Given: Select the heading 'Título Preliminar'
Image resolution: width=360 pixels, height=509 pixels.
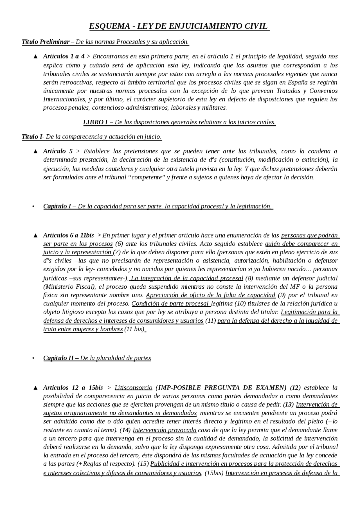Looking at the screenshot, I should (46, 42).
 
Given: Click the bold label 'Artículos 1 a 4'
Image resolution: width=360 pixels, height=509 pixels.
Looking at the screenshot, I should (64, 56).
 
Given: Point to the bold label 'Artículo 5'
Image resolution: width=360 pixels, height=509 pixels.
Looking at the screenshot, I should (58, 151).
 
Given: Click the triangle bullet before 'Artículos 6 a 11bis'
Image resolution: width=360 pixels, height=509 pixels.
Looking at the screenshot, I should (35, 236).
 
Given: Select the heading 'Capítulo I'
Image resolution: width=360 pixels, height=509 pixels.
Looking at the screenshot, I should (57, 206).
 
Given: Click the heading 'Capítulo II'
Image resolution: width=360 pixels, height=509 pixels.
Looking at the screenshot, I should (58, 358).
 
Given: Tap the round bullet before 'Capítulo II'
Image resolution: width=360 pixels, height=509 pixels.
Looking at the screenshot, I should (33, 358).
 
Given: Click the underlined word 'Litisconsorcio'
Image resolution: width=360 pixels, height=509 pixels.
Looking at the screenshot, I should (133, 388).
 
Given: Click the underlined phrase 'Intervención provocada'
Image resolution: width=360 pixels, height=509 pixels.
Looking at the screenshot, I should (165, 430).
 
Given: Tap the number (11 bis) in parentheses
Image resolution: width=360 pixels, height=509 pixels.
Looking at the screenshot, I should (134, 329).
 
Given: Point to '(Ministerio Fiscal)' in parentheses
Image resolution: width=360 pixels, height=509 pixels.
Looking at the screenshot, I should (69, 287).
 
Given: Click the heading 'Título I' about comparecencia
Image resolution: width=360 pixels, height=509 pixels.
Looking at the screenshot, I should (32, 137).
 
